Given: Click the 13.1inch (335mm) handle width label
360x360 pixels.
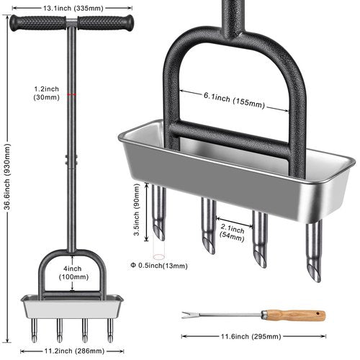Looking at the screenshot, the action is [x=73, y=9].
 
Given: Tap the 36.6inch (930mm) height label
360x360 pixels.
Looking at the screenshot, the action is [x=7, y=176].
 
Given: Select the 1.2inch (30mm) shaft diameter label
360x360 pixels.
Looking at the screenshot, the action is [x=47, y=93].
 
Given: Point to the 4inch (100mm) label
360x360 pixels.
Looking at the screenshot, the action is [x=73, y=273].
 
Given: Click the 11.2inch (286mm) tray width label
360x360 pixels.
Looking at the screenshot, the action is [x=74, y=351].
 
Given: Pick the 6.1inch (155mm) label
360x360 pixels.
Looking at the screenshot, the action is [x=234, y=101].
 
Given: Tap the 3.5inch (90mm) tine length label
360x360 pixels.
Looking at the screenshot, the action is [x=137, y=210].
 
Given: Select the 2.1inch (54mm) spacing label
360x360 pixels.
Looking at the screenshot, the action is [x=233, y=233].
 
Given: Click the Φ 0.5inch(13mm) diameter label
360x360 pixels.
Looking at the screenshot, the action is [x=159, y=266].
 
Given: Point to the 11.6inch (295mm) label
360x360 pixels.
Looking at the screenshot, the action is [x=251, y=336].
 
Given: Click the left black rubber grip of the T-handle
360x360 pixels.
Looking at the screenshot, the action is [x=37, y=23].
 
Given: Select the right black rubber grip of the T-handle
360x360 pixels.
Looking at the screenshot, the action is [x=105, y=22].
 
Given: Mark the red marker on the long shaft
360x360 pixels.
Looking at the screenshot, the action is [x=71, y=94].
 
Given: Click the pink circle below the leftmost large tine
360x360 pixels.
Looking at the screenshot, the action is [x=158, y=257].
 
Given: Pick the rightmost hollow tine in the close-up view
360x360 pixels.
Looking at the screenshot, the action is [x=314, y=251].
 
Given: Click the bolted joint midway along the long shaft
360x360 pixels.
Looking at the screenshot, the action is [x=71, y=160].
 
